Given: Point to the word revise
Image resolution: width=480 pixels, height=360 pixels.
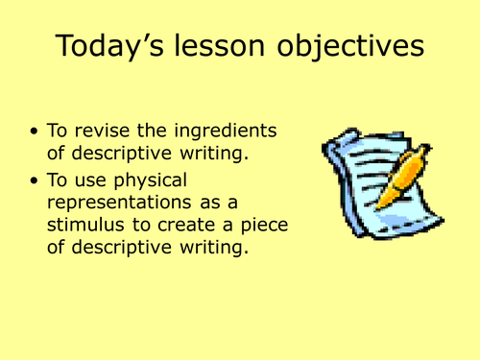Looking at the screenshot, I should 120,132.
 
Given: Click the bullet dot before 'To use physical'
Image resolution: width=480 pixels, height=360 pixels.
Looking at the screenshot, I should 36,180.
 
